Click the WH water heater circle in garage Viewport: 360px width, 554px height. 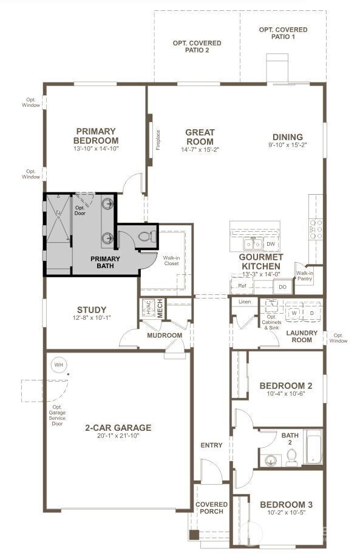tap(59, 365)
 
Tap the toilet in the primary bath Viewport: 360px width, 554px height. tap(144, 237)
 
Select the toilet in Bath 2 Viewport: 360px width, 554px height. tap(291, 457)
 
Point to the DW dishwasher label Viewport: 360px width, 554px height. tap(271, 244)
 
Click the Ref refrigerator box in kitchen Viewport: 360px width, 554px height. tap(242, 285)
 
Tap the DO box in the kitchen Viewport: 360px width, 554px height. tap(282, 286)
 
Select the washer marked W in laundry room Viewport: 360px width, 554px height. tap(294, 312)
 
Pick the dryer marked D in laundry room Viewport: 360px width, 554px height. tap(311, 312)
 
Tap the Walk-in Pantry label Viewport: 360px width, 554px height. tap(304, 276)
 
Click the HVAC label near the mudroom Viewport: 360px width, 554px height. tap(148, 308)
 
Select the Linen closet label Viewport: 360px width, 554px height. tap(245, 302)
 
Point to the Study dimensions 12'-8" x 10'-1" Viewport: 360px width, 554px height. tap(92, 319)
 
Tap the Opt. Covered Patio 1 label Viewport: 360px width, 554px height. tap(283, 33)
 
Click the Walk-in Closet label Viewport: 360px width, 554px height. tap(171, 261)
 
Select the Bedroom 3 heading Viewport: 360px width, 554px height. tap(286, 504)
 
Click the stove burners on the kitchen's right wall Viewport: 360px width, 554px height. tap(316, 229)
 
